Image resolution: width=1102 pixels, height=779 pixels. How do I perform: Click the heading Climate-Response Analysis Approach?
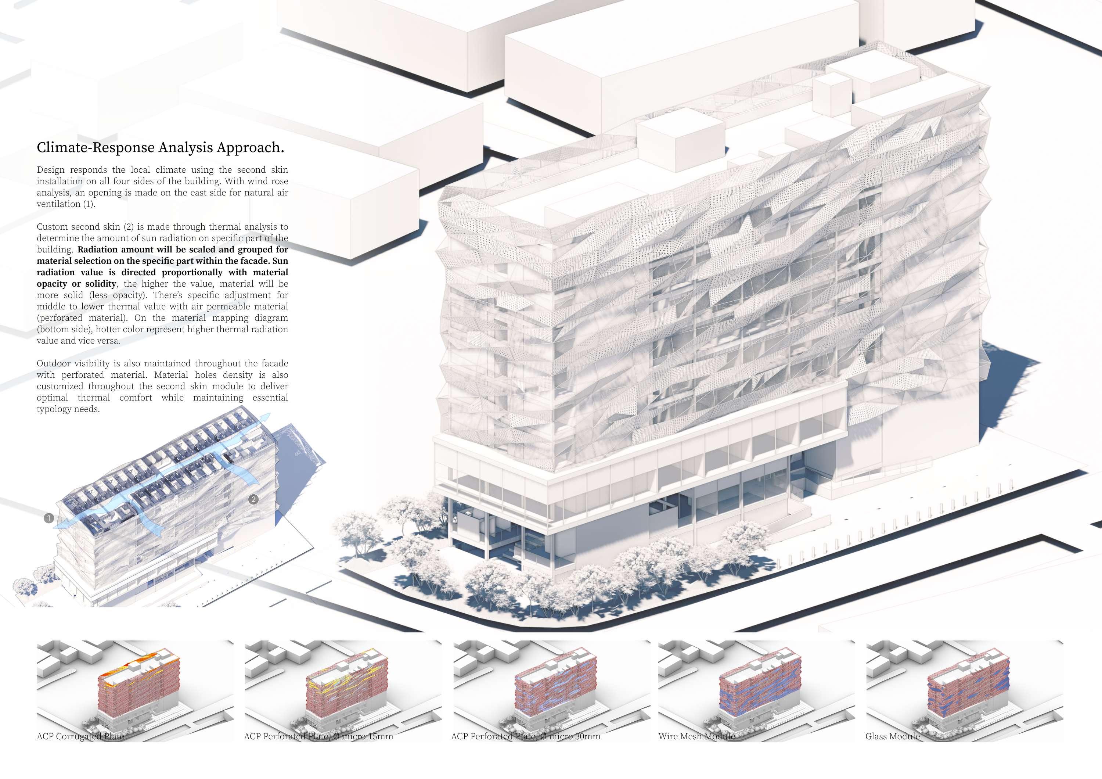pos(160,147)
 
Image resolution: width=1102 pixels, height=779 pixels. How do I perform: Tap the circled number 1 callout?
pos(48,518)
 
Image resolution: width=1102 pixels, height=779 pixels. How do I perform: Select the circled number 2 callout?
pos(253,499)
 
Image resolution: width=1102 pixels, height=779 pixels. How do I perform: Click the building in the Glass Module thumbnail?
pos(967,691)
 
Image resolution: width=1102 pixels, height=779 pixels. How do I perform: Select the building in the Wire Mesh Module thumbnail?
pos(761,691)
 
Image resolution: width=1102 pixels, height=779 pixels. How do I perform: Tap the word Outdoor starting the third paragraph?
pos(53,363)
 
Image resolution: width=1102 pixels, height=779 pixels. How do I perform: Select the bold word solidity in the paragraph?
pos(101,284)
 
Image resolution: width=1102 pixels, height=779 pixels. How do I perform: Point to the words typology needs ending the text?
pos(68,409)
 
